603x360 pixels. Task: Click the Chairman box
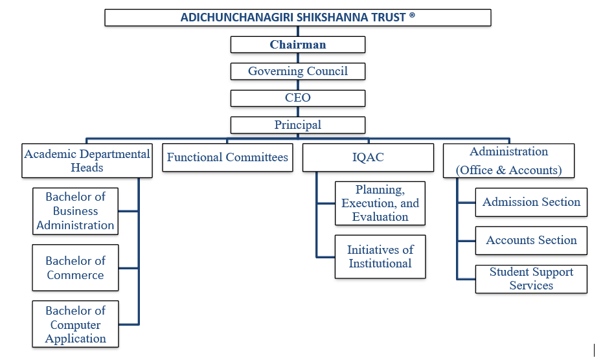pos(298,45)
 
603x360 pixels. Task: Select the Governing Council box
pos(298,71)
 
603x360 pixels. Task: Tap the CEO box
pos(298,98)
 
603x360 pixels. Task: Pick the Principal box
pos(298,125)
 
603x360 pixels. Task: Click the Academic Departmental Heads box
pos(87,161)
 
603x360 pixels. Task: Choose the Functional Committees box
pos(227,157)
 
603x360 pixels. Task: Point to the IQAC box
pos(368,157)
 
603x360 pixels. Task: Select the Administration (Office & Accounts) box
pos(508,161)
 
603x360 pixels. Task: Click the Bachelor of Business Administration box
pos(75,211)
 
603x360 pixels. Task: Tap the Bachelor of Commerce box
pos(75,267)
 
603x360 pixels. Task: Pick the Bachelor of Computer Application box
pos(75,324)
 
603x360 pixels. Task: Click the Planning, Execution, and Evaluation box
pos(380,203)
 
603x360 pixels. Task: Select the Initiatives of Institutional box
pos(380,256)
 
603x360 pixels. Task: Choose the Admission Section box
pos(531,202)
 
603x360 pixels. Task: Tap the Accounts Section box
pos(531,240)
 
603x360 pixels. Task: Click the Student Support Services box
pos(531,279)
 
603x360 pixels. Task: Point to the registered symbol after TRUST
pos(413,16)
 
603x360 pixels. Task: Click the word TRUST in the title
pos(387,17)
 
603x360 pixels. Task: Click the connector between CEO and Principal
pos(298,111)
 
